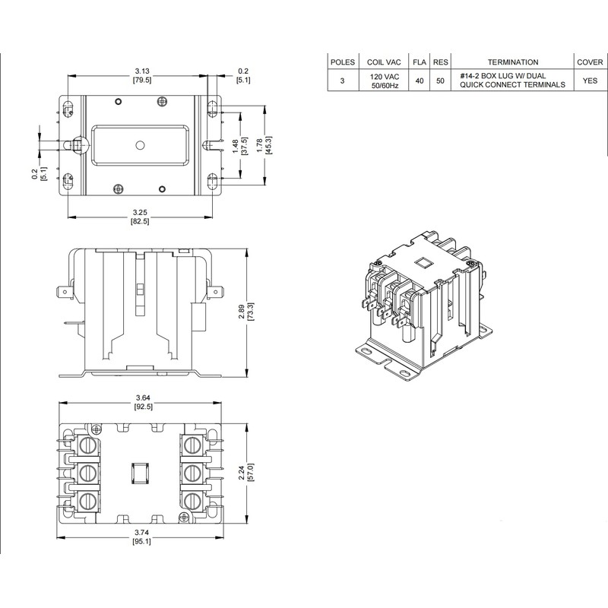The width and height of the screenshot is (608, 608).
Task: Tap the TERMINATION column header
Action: [512, 62]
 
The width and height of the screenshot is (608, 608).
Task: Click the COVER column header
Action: [590, 62]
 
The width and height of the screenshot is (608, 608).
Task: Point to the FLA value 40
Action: [419, 81]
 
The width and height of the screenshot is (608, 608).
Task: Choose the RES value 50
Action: [440, 81]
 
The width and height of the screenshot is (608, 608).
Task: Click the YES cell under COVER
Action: [590, 81]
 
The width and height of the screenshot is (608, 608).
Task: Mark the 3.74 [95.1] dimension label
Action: [141, 547]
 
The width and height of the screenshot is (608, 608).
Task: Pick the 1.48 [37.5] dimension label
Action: [242, 144]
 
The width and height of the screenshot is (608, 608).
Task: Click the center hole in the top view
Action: [139, 144]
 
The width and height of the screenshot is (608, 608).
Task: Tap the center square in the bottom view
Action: [138, 474]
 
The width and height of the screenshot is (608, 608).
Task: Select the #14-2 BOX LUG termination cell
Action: [512, 81]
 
